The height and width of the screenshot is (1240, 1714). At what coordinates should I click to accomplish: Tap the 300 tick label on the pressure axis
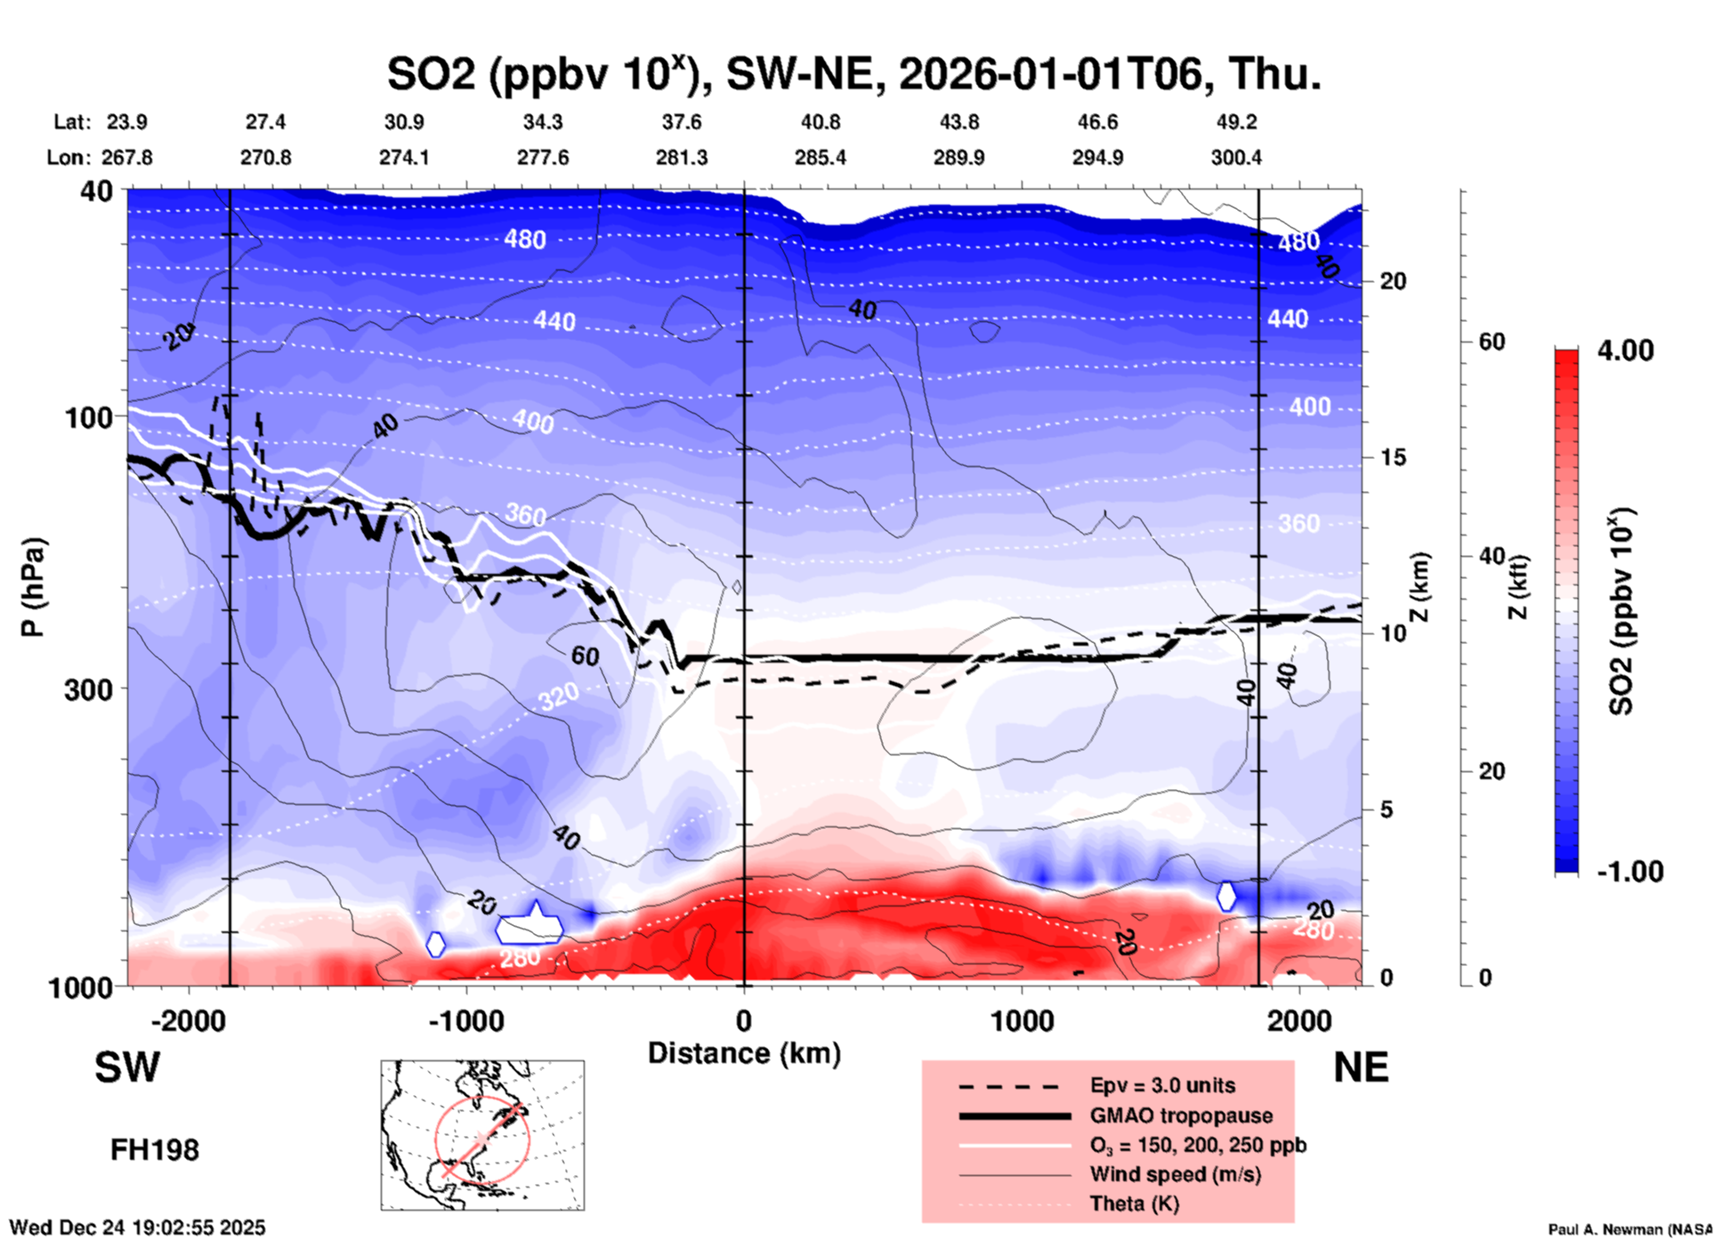[88, 689]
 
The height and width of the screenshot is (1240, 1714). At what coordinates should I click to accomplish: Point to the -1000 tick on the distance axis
[465, 1021]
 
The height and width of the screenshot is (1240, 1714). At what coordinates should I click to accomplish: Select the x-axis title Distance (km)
[744, 1053]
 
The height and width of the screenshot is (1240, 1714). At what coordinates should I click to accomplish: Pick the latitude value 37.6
[682, 122]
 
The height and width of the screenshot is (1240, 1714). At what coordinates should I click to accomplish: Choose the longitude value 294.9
[1097, 157]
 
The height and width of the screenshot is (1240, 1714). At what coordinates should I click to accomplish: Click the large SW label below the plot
[127, 1067]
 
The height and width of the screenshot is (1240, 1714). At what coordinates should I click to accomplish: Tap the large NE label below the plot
[1361, 1067]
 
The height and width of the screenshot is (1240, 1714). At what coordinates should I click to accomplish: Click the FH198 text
[155, 1150]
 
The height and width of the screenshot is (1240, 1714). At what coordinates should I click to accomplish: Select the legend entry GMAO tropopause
[1181, 1115]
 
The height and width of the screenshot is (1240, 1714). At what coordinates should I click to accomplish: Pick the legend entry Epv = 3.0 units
[1162, 1085]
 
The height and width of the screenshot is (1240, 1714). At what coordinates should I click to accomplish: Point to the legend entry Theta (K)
[1134, 1204]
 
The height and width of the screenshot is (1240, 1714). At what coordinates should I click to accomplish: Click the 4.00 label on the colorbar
[1625, 350]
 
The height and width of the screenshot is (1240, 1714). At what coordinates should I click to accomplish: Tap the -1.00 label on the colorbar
[1629, 871]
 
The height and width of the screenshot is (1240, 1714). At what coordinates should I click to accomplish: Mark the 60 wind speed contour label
[585, 656]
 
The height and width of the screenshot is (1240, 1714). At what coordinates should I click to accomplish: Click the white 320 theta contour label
[558, 696]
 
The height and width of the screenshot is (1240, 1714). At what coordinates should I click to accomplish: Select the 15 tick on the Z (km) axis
[1393, 457]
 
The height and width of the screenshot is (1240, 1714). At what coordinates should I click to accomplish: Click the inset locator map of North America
[482, 1135]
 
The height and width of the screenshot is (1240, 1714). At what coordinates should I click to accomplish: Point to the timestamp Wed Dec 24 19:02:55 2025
[137, 1228]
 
